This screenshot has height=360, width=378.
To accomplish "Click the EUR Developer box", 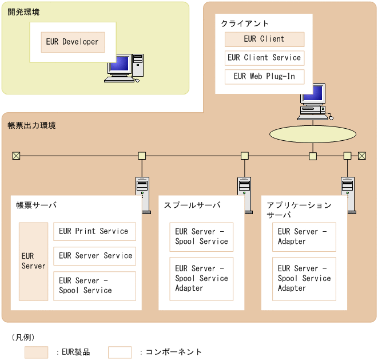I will pyautogui.click(x=73, y=42).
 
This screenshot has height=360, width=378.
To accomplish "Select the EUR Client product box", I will pyautogui.click(x=264, y=39).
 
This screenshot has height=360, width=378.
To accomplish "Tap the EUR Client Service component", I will pyautogui.click(x=264, y=58).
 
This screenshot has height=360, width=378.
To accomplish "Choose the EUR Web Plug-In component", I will pyautogui.click(x=264, y=76).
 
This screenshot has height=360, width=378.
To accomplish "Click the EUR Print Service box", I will pyautogui.click(x=94, y=231).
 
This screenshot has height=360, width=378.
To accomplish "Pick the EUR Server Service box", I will pyautogui.click(x=94, y=256).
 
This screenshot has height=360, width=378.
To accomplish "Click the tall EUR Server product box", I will pyautogui.click(x=33, y=262).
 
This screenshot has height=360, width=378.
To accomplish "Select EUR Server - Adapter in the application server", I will pyautogui.click(x=304, y=237).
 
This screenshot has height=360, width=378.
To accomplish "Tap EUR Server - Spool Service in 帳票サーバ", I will pyautogui.click(x=94, y=286).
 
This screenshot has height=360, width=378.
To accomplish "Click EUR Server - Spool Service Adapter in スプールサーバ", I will pyautogui.click(x=201, y=278).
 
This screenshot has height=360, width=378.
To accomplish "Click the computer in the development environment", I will pyautogui.click(x=126, y=68).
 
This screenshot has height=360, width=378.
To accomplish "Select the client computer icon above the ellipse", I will pyautogui.click(x=313, y=102).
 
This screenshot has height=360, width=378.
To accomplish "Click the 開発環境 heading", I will pyautogui.click(x=23, y=12).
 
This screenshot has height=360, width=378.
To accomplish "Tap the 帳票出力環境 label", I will pyautogui.click(x=32, y=125).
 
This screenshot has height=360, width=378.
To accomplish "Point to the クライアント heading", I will pyautogui.click(x=245, y=23).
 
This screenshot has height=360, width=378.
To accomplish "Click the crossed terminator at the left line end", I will pyautogui.click(x=16, y=156).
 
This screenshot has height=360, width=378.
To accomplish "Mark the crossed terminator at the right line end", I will pyautogui.click(x=361, y=156).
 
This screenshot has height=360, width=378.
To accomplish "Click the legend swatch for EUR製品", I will pyautogui.click(x=36, y=352).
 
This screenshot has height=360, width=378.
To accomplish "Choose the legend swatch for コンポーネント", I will pyautogui.click(x=120, y=352).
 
